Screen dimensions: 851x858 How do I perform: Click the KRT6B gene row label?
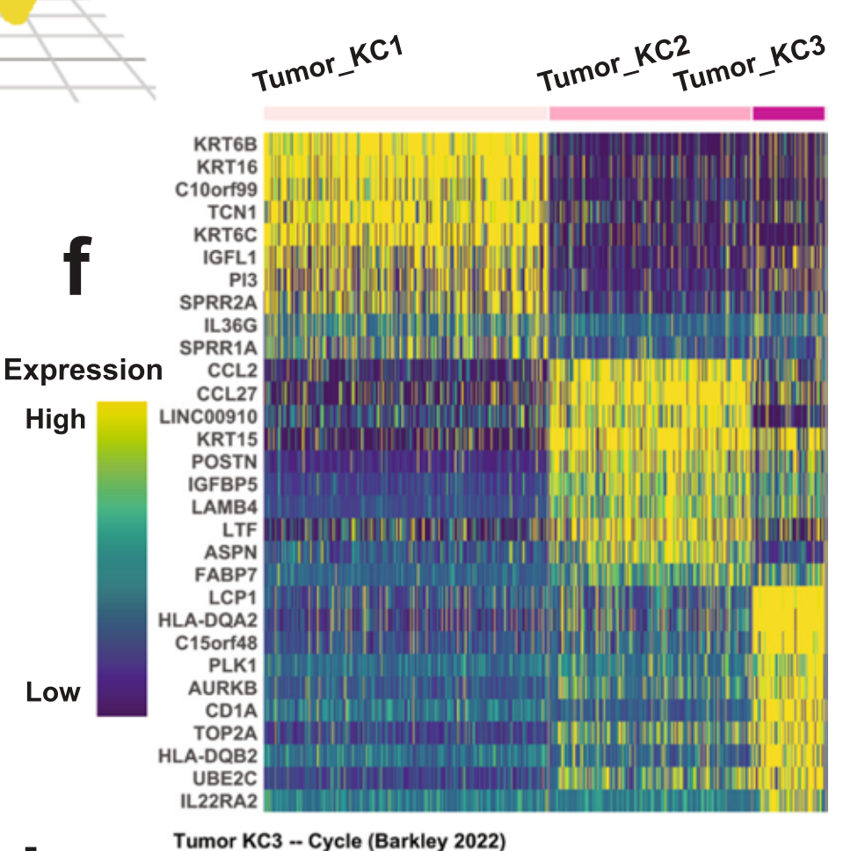tap(225, 143)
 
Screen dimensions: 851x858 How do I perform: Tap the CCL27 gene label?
tap(227, 393)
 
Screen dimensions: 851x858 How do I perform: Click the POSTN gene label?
tap(225, 461)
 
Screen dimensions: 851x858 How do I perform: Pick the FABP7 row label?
tap(225, 575)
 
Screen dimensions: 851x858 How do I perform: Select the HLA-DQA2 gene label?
tap(208, 621)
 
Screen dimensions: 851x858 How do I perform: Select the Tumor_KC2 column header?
tap(613, 62)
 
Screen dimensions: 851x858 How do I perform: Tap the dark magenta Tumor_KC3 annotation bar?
tap(789, 112)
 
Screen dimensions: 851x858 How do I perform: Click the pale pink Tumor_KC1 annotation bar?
tap(405, 113)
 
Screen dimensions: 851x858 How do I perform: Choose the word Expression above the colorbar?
tap(84, 370)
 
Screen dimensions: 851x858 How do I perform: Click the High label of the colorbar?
tap(56, 419)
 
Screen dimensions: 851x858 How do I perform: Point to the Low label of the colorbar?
tap(53, 692)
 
